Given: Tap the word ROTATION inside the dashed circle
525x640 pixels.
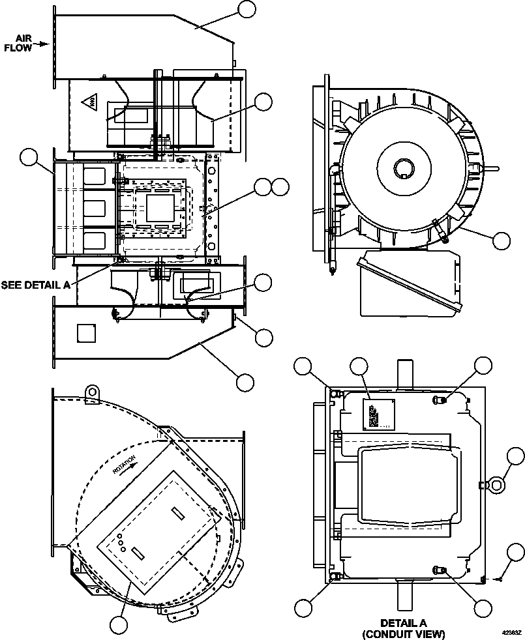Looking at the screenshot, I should pos(124,463).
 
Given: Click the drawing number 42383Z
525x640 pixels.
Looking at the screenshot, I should pos(511,632).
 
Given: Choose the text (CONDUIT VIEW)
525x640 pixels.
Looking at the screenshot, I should pos(404,633).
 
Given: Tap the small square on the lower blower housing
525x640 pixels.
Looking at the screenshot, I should pos(86,333).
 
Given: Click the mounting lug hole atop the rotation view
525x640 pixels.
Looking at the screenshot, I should pos(93,391).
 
